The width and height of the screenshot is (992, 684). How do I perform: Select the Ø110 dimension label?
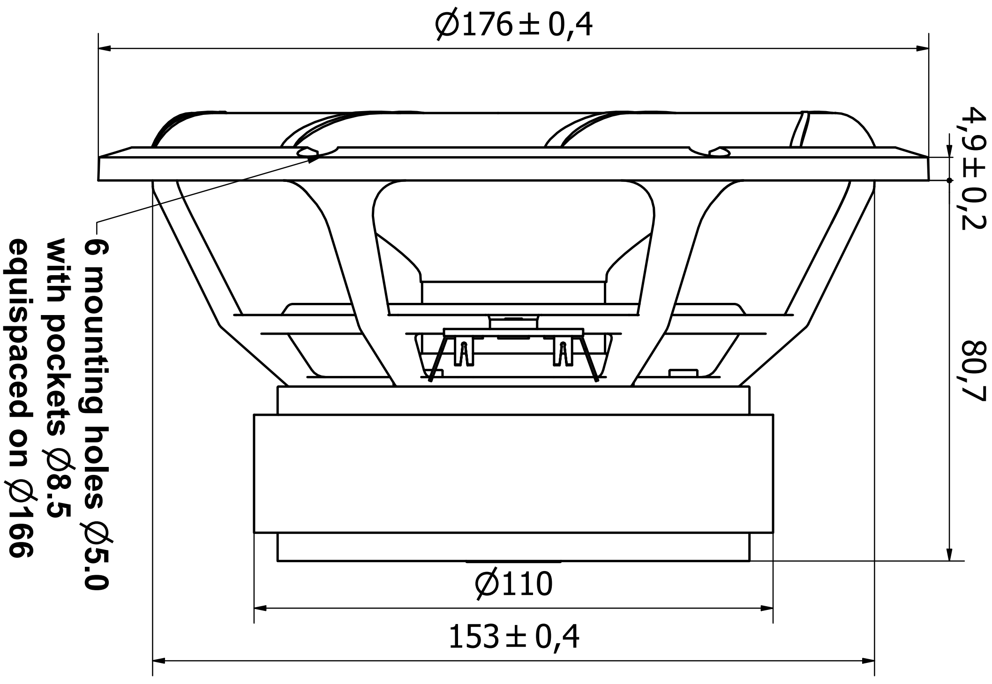point(513,584)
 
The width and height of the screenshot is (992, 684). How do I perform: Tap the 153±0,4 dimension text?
point(513,637)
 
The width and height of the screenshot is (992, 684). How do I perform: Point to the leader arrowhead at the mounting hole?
point(314,158)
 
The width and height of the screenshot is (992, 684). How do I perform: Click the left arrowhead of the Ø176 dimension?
point(104,48)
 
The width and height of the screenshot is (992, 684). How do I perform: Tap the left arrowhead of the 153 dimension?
point(159,661)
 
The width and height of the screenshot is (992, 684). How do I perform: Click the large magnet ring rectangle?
point(513,474)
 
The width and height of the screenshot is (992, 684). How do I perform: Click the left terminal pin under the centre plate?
point(464,354)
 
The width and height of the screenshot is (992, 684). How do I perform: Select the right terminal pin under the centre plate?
point(563,354)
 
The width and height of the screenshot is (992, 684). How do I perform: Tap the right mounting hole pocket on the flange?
point(719,152)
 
